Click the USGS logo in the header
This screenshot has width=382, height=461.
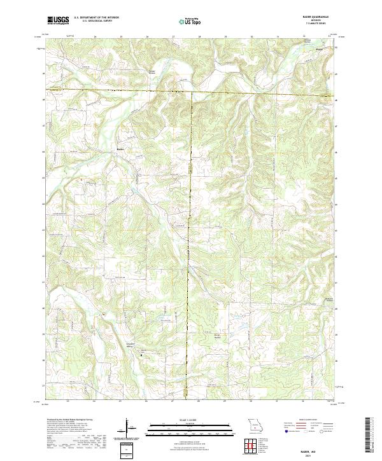pyautogui.click(x=58, y=21)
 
